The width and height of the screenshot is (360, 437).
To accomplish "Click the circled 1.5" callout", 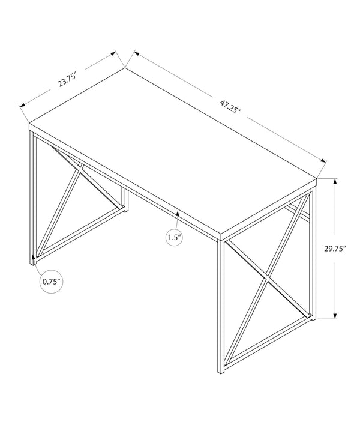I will (174, 238).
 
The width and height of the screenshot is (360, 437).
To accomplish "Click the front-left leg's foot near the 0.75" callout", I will (34, 261).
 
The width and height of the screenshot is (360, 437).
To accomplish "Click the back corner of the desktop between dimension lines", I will (125, 68).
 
